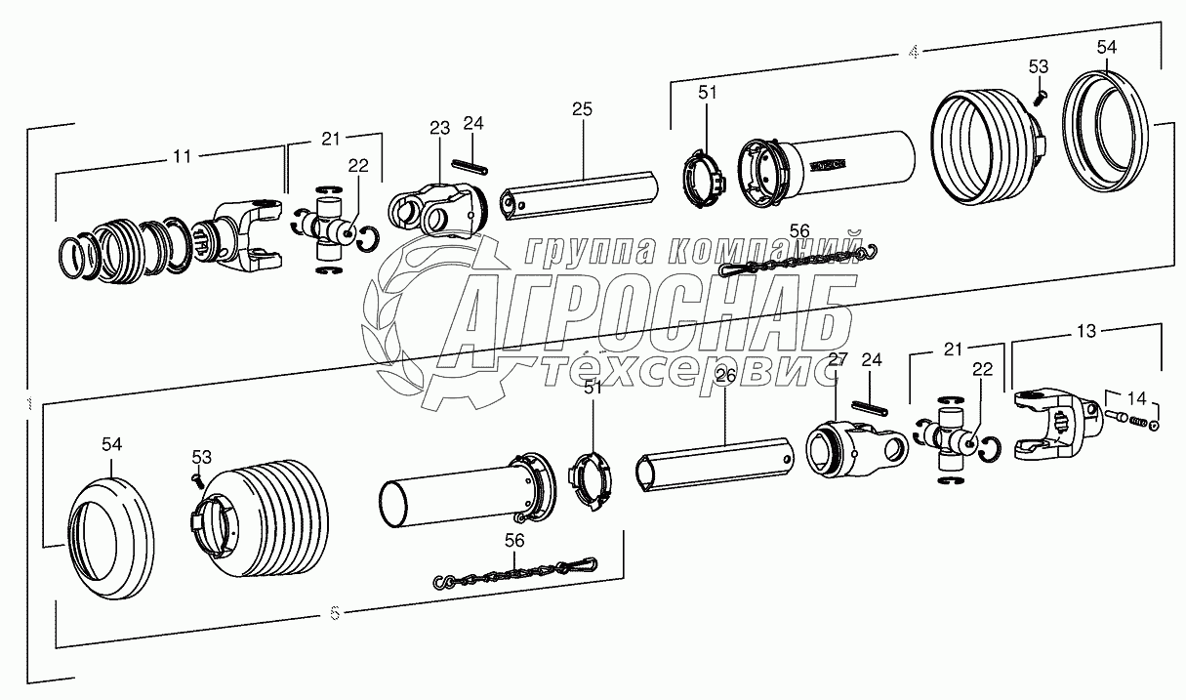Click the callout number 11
point(183,155)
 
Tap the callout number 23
point(438,127)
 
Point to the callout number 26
point(725,377)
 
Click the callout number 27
point(837,359)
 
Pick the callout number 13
point(1085,333)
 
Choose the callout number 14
point(1137,396)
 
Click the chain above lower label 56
point(514,572)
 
